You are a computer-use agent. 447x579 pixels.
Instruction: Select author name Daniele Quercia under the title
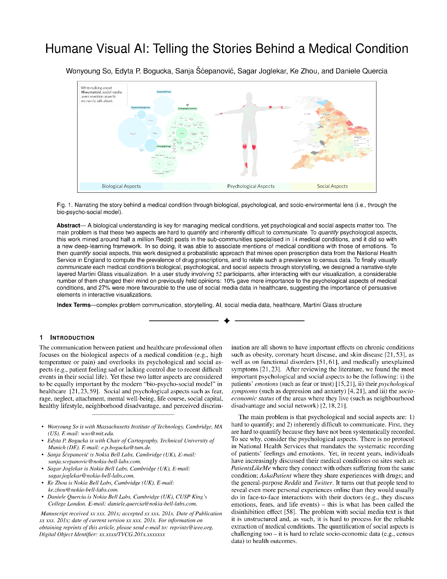pyautogui.click(x=361, y=71)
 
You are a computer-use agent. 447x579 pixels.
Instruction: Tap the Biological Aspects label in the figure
pyautogui.click(x=121, y=186)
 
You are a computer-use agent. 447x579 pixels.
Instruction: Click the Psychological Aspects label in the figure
pyautogui.click(x=251, y=186)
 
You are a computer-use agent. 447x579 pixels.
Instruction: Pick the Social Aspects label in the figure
pyautogui.click(x=332, y=186)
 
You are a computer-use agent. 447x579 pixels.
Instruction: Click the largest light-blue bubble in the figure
pyautogui.click(x=133, y=133)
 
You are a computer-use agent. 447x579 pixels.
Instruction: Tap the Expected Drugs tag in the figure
pyautogui.click(x=164, y=92)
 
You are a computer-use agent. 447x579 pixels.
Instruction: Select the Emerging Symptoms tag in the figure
pyautogui.click(x=188, y=108)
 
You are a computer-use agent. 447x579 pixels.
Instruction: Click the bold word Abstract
pyautogui.click(x=68, y=226)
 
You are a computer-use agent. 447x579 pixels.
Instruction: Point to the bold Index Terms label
pyautogui.click(x=74, y=305)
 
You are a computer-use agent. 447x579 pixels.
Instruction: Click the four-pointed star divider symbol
pyautogui.click(x=227, y=320)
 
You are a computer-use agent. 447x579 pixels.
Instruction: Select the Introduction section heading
pyautogui.click(x=72, y=338)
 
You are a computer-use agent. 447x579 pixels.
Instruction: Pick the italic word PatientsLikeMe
pyautogui.click(x=251, y=468)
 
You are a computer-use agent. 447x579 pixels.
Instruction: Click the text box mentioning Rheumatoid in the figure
pyautogui.click(x=102, y=94)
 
